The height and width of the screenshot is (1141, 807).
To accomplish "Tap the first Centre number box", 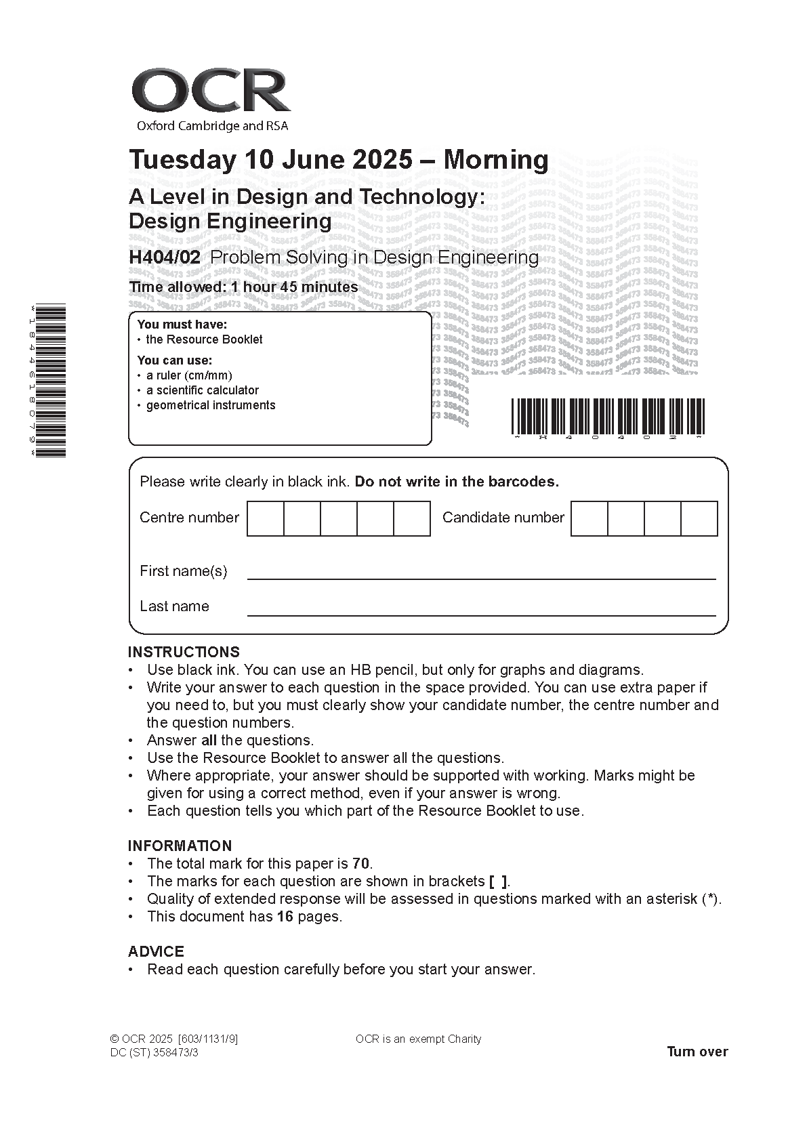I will click(265, 518).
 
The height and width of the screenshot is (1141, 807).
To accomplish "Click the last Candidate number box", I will click(699, 518).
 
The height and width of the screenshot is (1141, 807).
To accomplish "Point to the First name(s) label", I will click(183, 571).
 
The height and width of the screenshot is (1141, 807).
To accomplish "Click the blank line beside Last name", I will click(481, 607).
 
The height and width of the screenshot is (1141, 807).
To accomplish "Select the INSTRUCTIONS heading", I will click(184, 652).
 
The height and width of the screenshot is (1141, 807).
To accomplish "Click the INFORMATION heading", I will click(180, 846).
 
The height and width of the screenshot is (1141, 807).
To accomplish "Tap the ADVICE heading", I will click(156, 951).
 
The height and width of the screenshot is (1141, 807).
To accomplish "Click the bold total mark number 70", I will click(361, 864).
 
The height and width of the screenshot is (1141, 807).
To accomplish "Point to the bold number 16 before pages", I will click(285, 917).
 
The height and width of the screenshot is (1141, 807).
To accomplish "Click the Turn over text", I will click(697, 1052).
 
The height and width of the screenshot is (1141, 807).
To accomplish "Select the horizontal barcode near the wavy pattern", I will click(608, 416).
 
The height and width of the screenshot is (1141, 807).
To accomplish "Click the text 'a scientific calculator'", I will click(203, 390).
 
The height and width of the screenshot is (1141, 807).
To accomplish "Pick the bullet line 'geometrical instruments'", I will click(211, 405).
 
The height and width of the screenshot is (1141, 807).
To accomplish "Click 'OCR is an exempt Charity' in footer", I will click(418, 1039).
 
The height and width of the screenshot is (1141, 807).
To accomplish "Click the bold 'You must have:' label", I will click(182, 325).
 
